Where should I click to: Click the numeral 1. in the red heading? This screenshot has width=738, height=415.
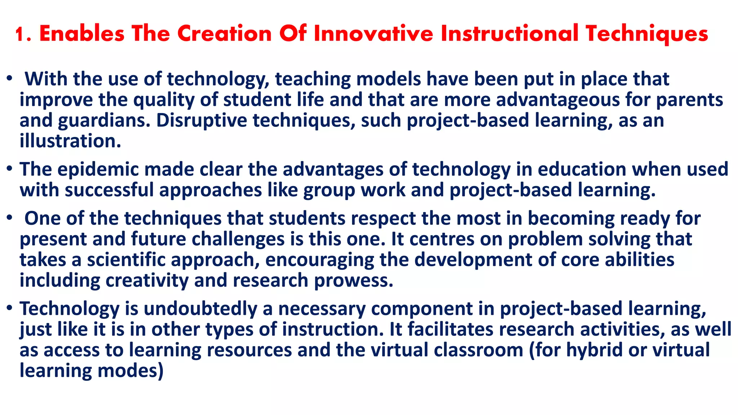(x=24, y=34)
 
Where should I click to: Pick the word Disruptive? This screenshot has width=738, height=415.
(x=201, y=120)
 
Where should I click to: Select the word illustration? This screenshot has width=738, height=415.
(x=70, y=141)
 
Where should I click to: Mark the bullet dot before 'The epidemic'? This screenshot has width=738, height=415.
(x=10, y=168)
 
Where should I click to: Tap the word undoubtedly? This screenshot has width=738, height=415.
(x=200, y=309)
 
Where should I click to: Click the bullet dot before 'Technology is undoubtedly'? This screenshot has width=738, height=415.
(x=10, y=308)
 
